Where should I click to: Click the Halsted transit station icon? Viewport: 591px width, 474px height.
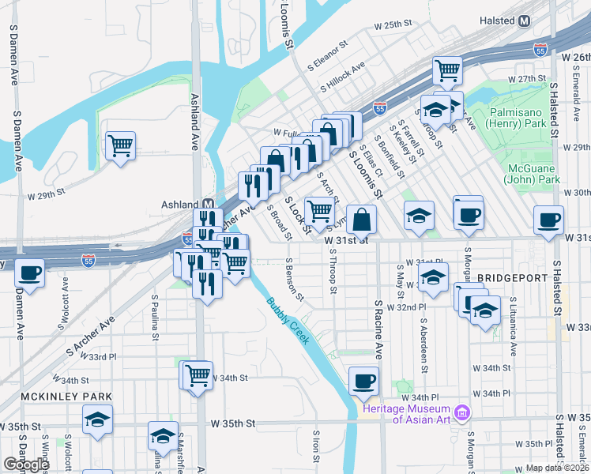(x=524, y=21)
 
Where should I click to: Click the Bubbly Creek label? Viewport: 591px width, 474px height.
(x=288, y=320)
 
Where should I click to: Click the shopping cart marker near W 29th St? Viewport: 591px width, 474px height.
(x=121, y=145)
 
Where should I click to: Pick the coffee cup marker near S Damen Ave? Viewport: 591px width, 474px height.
(x=30, y=273)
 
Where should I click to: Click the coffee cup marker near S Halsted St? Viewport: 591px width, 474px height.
(x=548, y=220)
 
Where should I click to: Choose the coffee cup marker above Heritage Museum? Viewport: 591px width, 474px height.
(x=363, y=381)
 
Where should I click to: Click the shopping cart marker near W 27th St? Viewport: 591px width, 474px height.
(x=448, y=70)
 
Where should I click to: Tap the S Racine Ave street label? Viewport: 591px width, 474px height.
(x=378, y=328)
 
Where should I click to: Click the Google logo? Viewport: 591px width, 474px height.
(x=26, y=465)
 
